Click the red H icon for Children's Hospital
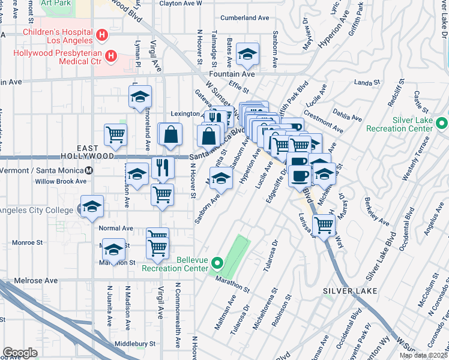coord(102,35)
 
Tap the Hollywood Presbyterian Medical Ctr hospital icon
coord(110,57)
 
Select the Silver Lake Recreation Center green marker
coord(442,124)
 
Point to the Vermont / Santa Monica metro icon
coord(89,170)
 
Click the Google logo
coord(20,353)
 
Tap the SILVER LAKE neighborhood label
coord(350,291)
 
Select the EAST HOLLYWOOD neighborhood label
coord(87,151)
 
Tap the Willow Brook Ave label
coord(61,181)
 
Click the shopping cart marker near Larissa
coord(324,226)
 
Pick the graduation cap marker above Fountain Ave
coord(247,55)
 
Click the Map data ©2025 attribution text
coord(423,355)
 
